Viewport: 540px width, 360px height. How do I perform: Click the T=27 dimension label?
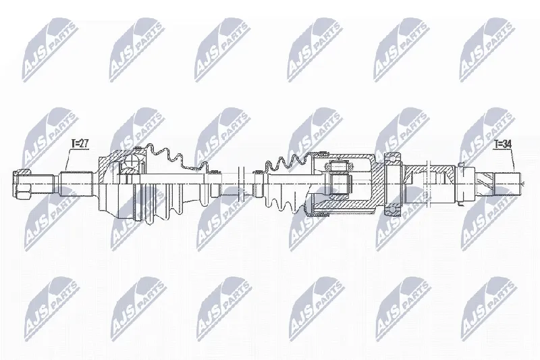coord(80,143)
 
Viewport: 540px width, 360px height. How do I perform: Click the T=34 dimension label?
coord(504,143)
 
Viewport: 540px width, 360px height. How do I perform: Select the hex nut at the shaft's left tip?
coord(20,180)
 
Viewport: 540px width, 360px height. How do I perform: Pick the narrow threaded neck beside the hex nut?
coord(42,180)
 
